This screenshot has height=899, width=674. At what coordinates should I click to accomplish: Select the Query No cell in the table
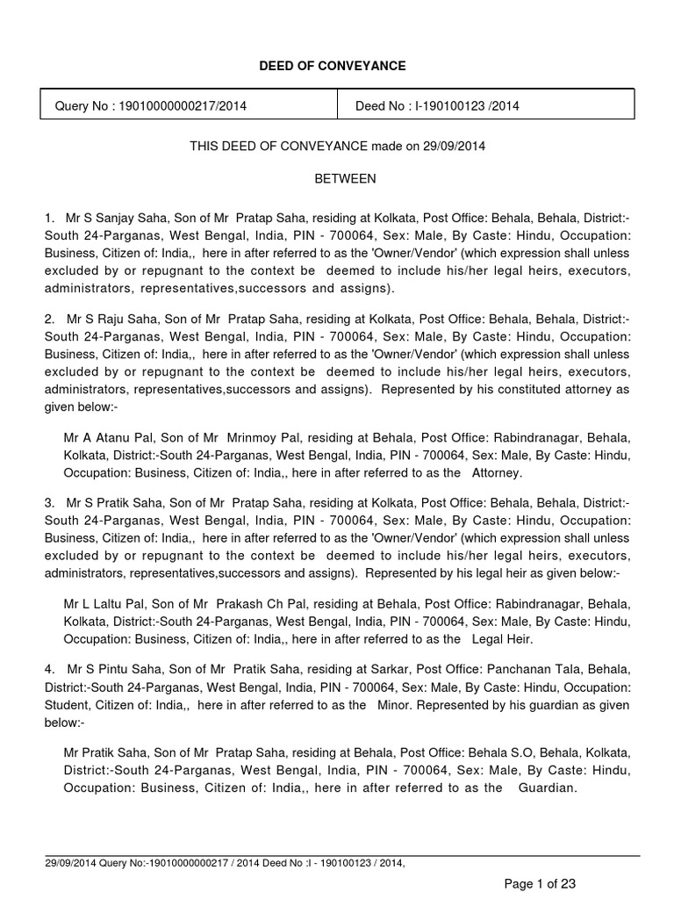coord(151,106)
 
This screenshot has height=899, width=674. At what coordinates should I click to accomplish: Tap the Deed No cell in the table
coord(437,106)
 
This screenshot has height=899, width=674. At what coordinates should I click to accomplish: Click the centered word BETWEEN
coord(346,178)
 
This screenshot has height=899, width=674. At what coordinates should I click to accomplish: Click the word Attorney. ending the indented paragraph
coord(498,472)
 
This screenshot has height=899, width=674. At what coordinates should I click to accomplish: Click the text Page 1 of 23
coord(540,882)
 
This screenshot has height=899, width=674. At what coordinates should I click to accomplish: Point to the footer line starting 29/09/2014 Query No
coord(225,864)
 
